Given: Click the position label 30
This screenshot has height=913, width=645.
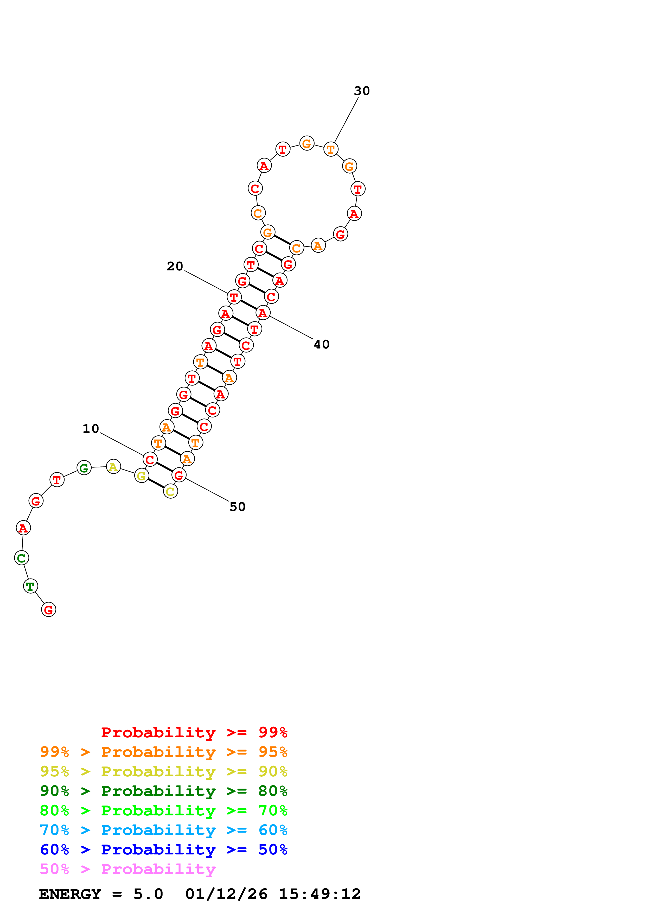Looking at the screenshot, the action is (x=362, y=91).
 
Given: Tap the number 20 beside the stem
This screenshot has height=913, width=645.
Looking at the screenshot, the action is (x=175, y=267).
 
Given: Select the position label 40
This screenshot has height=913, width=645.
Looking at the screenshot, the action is (x=322, y=344).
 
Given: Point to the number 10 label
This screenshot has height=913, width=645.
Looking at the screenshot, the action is (x=91, y=429).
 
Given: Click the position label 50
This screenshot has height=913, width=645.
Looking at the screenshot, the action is (x=237, y=507).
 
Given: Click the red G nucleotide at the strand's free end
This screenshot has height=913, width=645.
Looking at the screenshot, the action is (x=48, y=610).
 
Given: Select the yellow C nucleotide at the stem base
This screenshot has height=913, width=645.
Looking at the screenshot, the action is (x=170, y=491).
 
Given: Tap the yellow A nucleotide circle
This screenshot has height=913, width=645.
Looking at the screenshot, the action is (x=113, y=466).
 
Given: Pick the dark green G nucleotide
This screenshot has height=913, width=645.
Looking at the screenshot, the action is (x=84, y=468).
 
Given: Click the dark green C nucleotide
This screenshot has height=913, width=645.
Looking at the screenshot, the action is (x=21, y=558).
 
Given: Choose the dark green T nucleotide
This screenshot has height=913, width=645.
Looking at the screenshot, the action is (x=31, y=586).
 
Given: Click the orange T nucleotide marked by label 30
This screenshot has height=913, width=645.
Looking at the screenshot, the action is (x=331, y=149).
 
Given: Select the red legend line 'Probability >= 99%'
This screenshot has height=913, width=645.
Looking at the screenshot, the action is (x=194, y=732).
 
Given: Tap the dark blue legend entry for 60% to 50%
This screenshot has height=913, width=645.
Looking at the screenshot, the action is (x=163, y=849).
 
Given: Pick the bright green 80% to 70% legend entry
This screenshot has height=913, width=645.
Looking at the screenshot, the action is (x=163, y=810).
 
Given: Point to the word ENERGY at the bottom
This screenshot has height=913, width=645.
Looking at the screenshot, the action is (x=70, y=894).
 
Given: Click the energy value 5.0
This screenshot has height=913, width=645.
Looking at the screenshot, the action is (x=148, y=894).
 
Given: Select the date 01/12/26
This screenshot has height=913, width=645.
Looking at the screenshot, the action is (x=226, y=894).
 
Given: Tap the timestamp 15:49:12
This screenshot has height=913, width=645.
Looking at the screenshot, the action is (x=320, y=894).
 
